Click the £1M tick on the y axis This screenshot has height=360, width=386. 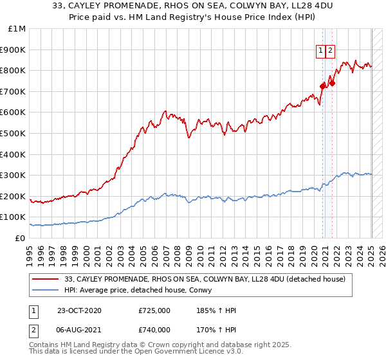click(17, 29)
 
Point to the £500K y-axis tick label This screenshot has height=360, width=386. click(15, 134)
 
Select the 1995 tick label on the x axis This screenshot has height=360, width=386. click(30, 251)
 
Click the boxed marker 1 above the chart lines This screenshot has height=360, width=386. click(320, 51)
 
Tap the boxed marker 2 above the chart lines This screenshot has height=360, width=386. click(331, 51)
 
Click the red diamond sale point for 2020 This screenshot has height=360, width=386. click(323, 85)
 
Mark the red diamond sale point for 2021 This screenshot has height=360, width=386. click(332, 83)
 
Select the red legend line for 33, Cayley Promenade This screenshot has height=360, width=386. click(46, 278)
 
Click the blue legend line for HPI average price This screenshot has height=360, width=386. click(46, 291)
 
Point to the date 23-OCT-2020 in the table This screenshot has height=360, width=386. click(79, 310)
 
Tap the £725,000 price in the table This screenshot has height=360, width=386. click(154, 310)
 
